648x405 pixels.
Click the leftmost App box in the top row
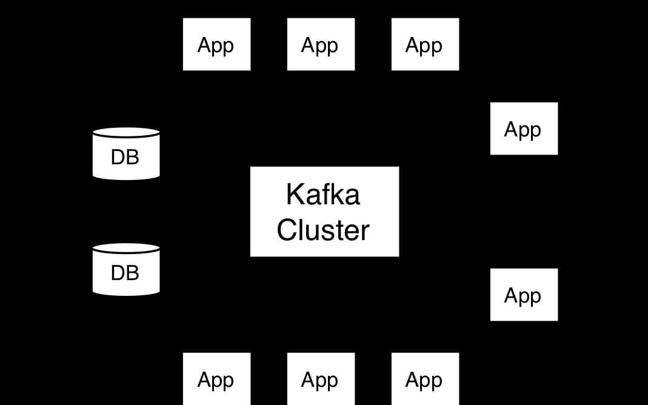click(x=216, y=44)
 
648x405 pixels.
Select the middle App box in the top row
click(x=321, y=44)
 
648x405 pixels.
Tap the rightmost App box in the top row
click(x=425, y=44)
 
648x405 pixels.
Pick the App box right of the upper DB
click(x=524, y=129)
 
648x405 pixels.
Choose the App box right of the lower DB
click(x=524, y=295)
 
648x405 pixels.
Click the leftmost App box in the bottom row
click(x=216, y=379)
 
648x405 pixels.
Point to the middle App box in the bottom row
click(x=321, y=379)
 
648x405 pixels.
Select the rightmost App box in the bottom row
click(x=425, y=379)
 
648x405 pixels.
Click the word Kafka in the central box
click(x=322, y=195)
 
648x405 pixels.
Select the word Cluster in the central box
click(x=323, y=230)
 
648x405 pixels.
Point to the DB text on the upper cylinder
click(x=125, y=157)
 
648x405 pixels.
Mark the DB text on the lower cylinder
click(x=125, y=273)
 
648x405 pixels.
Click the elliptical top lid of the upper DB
click(x=126, y=132)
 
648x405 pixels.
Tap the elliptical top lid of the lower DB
click(x=126, y=249)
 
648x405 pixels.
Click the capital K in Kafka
click(x=294, y=195)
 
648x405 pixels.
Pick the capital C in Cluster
click(x=287, y=230)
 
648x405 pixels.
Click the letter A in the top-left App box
click(x=204, y=45)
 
